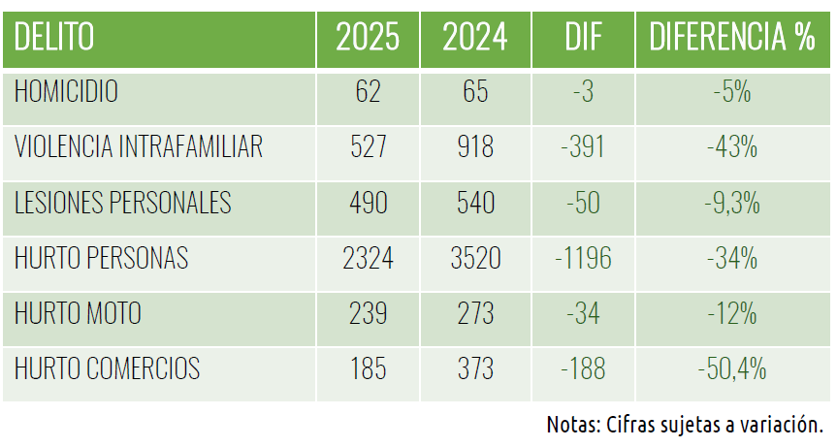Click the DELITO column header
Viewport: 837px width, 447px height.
(54, 37)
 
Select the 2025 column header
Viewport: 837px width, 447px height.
(368, 37)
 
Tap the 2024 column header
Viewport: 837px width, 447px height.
(475, 37)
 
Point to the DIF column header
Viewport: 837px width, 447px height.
(583, 37)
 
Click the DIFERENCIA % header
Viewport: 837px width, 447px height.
(732, 37)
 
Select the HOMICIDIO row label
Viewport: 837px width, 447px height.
(66, 91)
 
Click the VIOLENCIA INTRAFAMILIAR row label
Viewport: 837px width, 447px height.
(139, 146)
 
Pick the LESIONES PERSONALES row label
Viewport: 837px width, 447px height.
(123, 203)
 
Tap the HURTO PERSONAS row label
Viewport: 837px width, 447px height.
(101, 258)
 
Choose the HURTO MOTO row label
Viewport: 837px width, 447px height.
(78, 313)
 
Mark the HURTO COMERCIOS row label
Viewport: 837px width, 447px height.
(107, 368)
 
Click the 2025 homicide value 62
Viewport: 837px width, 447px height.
(368, 92)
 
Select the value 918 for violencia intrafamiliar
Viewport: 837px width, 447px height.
(475, 147)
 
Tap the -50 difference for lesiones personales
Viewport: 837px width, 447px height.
(583, 204)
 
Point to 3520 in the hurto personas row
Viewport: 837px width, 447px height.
(475, 259)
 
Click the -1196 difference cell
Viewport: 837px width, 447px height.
(583, 259)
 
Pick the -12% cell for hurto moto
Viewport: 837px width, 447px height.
(732, 313)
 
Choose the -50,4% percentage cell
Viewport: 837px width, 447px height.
(732, 369)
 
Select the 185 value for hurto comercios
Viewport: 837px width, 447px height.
(368, 369)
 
